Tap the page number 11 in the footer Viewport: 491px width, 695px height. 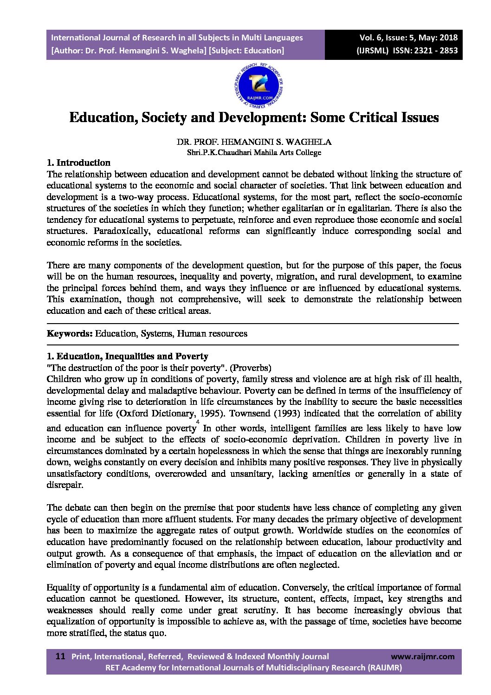60,656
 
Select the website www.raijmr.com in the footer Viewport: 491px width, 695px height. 423,656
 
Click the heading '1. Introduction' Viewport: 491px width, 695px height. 78,162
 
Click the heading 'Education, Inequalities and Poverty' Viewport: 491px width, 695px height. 132,357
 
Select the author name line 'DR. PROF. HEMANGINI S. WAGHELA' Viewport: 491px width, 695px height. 254,142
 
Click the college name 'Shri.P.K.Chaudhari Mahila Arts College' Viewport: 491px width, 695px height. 254,152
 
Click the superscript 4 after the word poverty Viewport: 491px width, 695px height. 198,422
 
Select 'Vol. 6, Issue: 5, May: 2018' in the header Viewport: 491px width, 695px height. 408,38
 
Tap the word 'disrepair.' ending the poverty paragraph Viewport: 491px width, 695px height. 65,485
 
